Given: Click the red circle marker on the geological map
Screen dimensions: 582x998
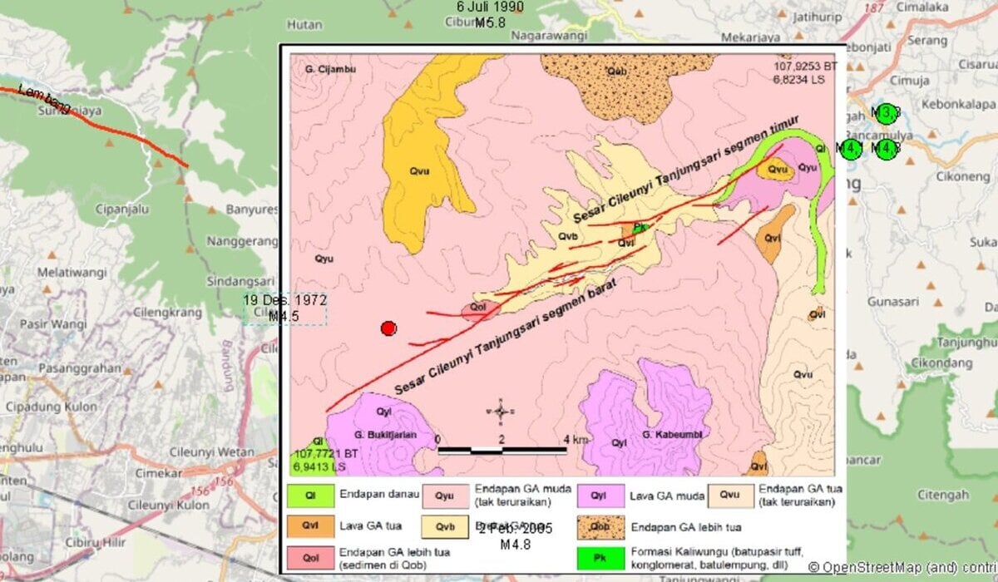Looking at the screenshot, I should [x=388, y=328].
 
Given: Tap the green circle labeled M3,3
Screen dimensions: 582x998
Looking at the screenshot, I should [x=887, y=113].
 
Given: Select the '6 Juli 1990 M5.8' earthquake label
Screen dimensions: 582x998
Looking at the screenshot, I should [x=490, y=14].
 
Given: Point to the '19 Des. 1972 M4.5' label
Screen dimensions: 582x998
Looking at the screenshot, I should [x=284, y=308].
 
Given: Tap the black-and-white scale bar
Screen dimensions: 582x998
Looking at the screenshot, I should [x=502, y=451].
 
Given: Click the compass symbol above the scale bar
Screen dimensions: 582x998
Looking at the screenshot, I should [x=501, y=412].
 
